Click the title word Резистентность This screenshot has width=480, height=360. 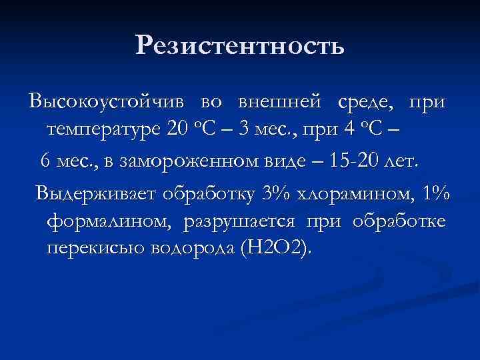[x=240, y=46]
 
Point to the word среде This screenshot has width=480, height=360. [x=367, y=103]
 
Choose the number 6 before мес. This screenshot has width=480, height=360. [x=45, y=161]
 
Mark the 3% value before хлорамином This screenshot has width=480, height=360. [x=277, y=194]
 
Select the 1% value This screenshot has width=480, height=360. [x=435, y=194]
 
